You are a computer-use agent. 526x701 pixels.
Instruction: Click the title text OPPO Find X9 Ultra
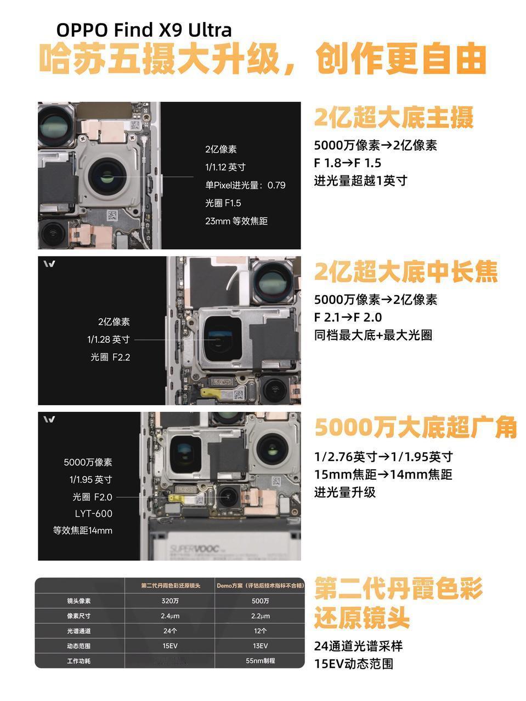point(144,30)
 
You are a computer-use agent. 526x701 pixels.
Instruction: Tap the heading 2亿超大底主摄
point(393,117)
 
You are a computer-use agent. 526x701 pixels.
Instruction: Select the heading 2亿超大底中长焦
point(405,272)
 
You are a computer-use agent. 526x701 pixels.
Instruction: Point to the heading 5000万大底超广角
point(415,428)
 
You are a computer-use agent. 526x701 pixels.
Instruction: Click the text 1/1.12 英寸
point(225,167)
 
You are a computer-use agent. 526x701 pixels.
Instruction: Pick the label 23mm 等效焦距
point(236,221)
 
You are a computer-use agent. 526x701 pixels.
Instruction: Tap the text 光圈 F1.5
point(223,203)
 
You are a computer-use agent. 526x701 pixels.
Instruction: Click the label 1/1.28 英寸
point(109,340)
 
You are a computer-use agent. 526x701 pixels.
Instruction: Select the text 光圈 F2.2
point(110,357)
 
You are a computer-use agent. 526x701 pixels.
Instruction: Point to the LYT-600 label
point(93,514)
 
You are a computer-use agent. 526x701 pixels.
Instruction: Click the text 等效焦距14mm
point(82,531)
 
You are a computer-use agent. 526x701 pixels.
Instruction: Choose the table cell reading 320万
point(170,601)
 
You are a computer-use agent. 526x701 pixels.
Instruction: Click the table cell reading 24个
point(170,631)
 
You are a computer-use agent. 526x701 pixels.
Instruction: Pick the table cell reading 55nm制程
point(260,661)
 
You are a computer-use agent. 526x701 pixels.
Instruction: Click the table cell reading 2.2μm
point(260,616)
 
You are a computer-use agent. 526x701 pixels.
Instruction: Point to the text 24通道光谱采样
point(358,646)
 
